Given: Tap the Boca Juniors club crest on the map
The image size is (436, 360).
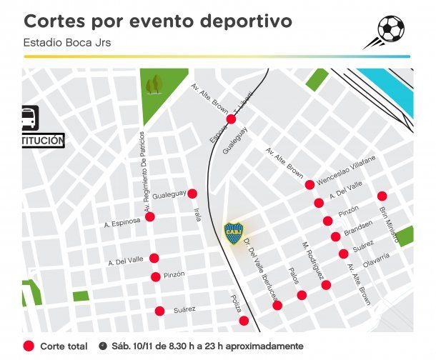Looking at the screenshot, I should coord(234,232).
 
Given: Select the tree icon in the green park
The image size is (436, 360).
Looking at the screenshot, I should coord(153,86).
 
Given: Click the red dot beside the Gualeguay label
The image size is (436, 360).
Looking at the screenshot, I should coord(192,194).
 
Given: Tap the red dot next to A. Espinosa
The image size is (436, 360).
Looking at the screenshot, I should coord(150,216).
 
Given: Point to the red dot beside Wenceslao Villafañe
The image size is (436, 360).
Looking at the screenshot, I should coord(309,184).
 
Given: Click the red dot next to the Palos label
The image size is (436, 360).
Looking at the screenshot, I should coord(302,295).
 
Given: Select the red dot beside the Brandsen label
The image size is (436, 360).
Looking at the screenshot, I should coord(335,236).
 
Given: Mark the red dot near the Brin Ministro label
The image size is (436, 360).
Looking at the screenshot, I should coord(382,196).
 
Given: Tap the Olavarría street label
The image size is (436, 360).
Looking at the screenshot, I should coord(376,262).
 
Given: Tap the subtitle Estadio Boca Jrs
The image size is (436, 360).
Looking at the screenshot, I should coord(67,42).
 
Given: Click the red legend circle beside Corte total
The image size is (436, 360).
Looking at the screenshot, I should coord(29,346).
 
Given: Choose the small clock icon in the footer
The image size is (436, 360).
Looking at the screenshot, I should coord(103,346).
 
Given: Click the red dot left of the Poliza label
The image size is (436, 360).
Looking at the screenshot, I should coord(244,321).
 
